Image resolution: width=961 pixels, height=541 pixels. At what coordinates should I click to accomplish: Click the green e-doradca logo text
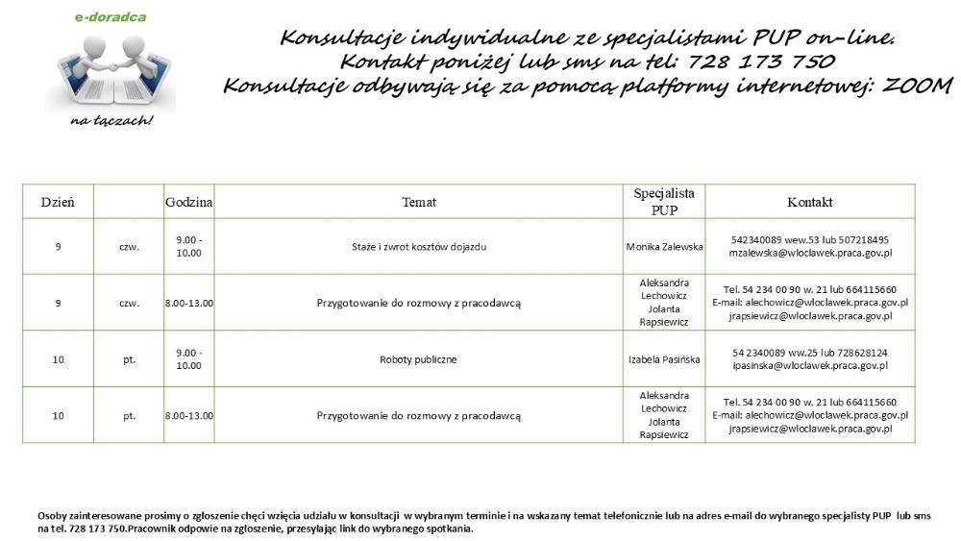click(111, 17)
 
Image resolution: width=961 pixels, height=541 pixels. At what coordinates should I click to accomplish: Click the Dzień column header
click(58, 202)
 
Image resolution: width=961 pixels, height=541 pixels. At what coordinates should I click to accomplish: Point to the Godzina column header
click(188, 202)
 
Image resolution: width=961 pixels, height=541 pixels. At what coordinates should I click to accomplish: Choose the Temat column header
click(419, 202)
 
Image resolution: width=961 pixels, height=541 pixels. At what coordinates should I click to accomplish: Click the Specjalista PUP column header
click(664, 202)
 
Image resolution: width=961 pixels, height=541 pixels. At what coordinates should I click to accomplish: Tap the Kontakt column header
click(809, 202)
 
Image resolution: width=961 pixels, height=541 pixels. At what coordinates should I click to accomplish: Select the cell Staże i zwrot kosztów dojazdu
click(419, 247)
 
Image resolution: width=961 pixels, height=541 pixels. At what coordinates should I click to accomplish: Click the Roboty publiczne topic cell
click(419, 359)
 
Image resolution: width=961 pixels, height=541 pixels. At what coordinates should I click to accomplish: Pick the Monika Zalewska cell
click(664, 247)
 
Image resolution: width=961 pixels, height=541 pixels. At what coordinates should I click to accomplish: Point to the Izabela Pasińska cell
click(664, 359)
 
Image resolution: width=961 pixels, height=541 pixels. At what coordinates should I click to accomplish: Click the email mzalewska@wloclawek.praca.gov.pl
click(810, 254)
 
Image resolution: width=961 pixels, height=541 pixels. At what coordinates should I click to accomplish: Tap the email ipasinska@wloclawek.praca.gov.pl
click(810, 366)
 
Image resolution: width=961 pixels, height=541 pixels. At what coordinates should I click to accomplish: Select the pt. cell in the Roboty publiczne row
click(130, 359)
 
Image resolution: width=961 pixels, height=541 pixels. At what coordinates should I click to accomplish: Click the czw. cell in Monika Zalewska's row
click(130, 247)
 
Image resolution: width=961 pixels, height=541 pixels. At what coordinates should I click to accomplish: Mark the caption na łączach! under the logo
click(111, 121)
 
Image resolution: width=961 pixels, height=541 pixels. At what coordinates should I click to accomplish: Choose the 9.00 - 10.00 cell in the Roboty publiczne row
click(188, 359)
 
